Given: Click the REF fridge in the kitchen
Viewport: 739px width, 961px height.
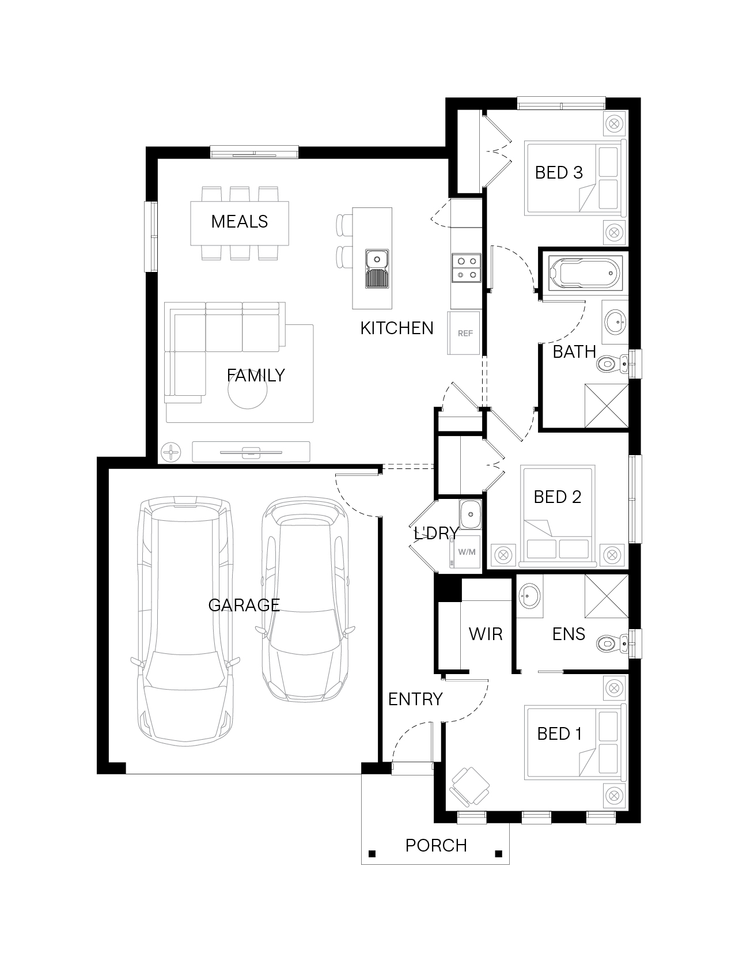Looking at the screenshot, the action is point(464,333).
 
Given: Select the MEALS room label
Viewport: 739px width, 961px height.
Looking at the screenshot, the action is point(240,221).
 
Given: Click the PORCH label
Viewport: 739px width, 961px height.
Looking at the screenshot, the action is point(436,845).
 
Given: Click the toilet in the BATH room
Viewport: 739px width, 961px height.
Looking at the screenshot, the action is point(612,364).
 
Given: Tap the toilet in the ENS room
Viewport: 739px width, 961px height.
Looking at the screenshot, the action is point(612,642).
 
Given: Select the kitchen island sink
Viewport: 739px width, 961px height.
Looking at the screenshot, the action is point(377,269).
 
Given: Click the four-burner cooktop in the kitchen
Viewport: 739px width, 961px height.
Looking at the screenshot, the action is point(466,268).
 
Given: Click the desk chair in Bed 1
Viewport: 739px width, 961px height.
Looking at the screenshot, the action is point(470,786).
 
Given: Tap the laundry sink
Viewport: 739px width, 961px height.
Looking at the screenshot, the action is point(470,513).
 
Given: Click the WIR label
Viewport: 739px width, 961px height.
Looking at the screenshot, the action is point(486,634).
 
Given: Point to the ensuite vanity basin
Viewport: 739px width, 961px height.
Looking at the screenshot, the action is point(529,596).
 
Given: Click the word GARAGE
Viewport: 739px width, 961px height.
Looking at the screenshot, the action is point(244,605).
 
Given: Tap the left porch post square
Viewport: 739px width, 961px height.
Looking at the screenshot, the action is point(372,853).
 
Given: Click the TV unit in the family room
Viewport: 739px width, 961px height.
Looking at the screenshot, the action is point(251,452).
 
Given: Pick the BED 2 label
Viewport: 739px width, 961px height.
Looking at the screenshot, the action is point(557,497).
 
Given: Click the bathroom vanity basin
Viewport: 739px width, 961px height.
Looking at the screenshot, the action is point(615,321).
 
